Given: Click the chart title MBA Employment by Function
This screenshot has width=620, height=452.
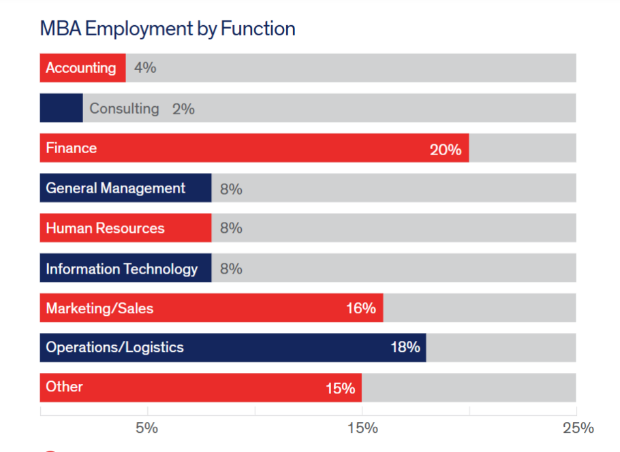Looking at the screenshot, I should [168, 29].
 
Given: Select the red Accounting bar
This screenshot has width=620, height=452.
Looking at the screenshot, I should [82, 68].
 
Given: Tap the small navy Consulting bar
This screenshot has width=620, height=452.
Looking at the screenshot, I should [61, 108].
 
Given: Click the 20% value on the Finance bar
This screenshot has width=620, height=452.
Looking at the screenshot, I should [446, 149].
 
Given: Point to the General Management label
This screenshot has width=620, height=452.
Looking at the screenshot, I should [115, 188].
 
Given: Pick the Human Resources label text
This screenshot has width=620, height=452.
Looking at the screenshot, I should [105, 228].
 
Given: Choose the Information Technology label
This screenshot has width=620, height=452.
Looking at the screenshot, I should [121, 268].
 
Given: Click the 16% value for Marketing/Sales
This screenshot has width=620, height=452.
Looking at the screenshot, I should [360, 308].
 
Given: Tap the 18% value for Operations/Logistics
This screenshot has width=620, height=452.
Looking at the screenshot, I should [405, 347].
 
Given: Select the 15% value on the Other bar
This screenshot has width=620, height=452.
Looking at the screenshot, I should [340, 388].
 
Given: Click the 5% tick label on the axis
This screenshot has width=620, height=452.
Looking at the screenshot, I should [147, 427].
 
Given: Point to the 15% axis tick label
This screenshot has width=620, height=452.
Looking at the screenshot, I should [362, 427].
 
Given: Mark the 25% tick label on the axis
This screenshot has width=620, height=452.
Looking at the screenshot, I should [578, 427].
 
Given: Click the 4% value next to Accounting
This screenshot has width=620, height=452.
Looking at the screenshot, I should [145, 68].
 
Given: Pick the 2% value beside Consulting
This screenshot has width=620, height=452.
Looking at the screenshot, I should [183, 108].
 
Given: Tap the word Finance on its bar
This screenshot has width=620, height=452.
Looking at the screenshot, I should [72, 148].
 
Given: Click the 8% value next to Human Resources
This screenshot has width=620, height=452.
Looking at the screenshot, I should [231, 228].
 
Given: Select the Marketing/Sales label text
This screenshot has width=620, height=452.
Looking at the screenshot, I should [99, 308].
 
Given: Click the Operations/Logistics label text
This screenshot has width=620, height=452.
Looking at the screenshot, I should [114, 347].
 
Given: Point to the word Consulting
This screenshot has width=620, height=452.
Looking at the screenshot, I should [124, 108].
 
